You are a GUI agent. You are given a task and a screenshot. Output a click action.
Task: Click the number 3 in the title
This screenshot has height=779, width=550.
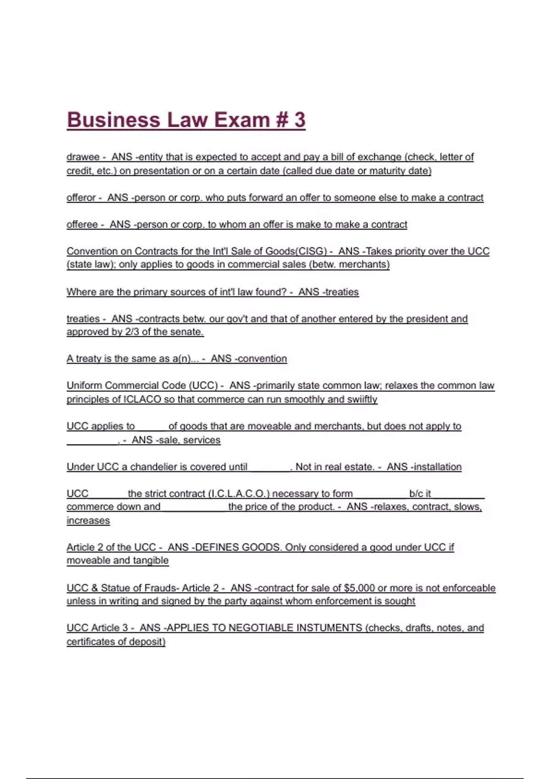tap(300, 120)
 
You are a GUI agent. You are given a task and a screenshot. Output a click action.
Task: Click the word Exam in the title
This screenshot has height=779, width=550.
tap(242, 120)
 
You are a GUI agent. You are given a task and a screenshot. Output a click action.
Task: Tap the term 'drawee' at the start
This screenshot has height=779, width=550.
tap(83, 157)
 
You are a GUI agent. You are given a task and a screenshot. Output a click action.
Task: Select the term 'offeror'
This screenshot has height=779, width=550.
tap(81, 197)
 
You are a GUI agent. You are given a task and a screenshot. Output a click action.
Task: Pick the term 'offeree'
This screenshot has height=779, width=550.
tap(82, 225)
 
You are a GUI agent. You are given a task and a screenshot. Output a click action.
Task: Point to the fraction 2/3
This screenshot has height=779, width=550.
tap(132, 332)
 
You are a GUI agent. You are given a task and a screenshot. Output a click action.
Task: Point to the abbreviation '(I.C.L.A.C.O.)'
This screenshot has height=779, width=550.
tap(239, 494)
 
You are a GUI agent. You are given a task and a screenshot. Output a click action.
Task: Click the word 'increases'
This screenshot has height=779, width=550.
tap(88, 521)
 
